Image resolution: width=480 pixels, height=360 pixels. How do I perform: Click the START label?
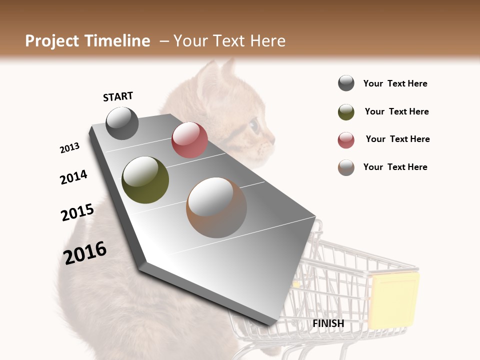click(x=118, y=96)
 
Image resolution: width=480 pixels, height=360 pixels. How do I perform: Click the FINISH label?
click(x=328, y=323)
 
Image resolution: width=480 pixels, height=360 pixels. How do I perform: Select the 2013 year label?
click(x=69, y=148)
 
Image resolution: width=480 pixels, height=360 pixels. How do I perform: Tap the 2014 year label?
click(x=73, y=177)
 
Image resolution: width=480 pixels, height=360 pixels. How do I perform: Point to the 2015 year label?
click(x=77, y=212)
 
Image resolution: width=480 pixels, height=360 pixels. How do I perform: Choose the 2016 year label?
click(x=85, y=252)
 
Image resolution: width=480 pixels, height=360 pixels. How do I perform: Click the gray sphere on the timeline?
click(x=122, y=123)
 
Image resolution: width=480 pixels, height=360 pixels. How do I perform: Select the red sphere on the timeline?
click(x=189, y=140)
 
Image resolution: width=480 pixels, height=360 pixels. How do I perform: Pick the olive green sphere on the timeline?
click(x=145, y=180)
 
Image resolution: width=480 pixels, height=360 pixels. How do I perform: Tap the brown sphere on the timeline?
click(x=216, y=207)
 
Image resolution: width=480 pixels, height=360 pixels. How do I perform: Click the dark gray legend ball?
click(x=346, y=83)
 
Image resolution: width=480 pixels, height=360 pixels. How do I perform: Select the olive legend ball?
click(x=346, y=112)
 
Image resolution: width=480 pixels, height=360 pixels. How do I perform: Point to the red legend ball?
click(x=346, y=140)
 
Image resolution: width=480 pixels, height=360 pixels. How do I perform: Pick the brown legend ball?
click(x=346, y=167)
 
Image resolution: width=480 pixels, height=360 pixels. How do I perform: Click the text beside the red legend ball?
click(x=397, y=139)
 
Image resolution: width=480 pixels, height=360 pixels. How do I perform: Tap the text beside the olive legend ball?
click(x=396, y=111)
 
